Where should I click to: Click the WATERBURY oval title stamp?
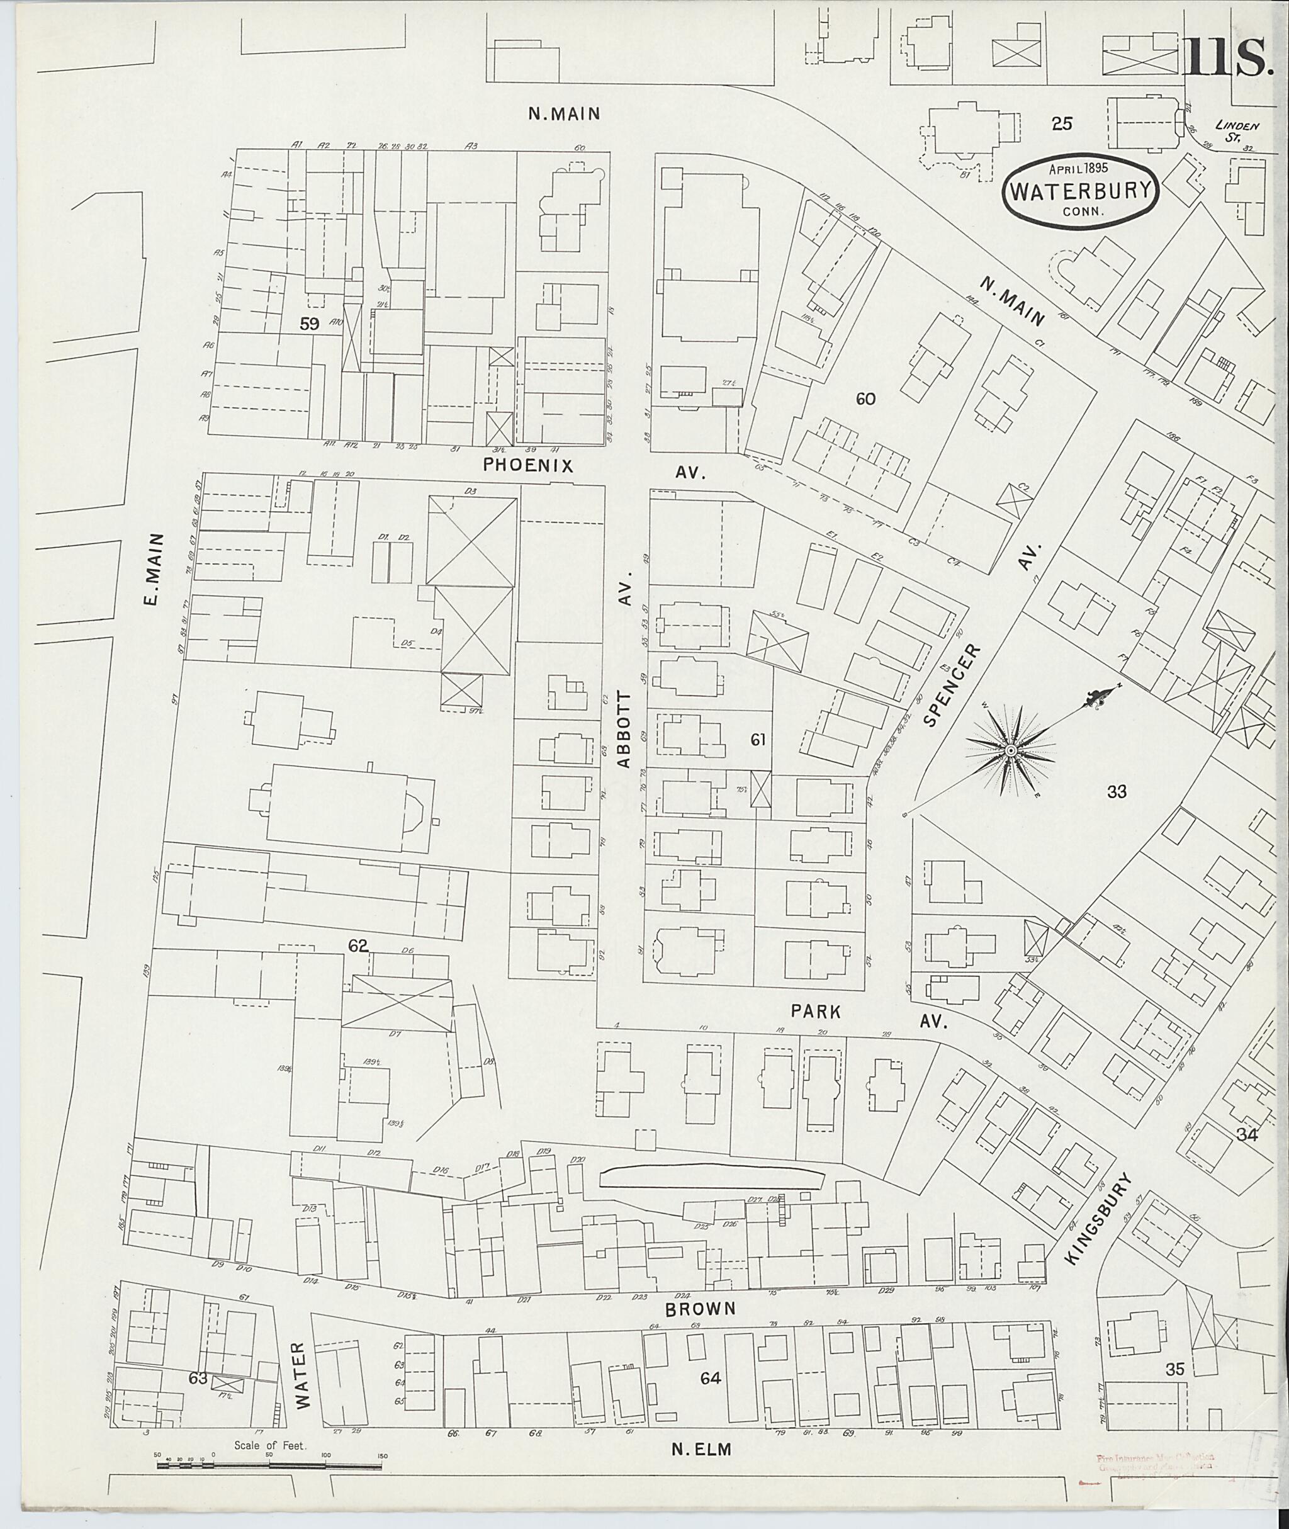click(x=1079, y=189)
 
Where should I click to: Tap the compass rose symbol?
click(x=1011, y=750)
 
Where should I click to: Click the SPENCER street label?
click(x=950, y=684)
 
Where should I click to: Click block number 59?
click(x=310, y=324)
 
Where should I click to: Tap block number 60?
click(x=865, y=398)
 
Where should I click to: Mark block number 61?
click(x=758, y=740)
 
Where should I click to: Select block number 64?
click(x=710, y=1378)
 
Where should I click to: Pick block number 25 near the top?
click(x=1061, y=123)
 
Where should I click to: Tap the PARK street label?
click(x=816, y=1011)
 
